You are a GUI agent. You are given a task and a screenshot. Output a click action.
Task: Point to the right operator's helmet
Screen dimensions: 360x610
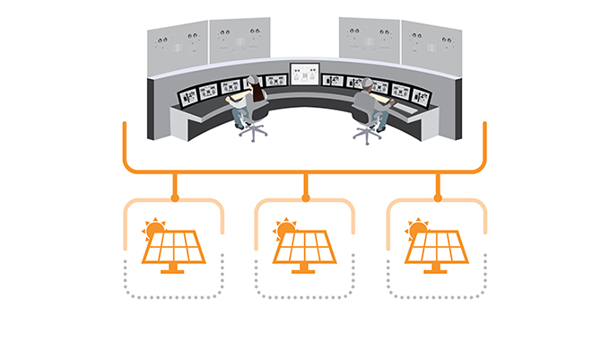point(368,82)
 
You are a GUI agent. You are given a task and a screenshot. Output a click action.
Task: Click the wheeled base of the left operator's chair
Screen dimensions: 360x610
point(253,133)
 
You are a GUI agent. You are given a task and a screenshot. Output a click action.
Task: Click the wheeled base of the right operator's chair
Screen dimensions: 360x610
point(367,135)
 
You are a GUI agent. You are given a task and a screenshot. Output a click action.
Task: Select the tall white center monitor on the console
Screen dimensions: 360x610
point(304,75)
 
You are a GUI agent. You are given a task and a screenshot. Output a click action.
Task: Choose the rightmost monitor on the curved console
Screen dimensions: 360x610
point(422,92)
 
